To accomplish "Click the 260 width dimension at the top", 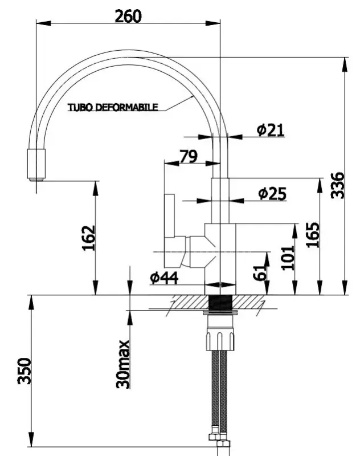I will click(x=128, y=15).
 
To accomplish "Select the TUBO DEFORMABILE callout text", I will click(x=113, y=107).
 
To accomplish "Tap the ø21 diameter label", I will click(x=270, y=130).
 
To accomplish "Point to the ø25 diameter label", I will click(x=271, y=194).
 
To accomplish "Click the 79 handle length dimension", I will click(x=189, y=156).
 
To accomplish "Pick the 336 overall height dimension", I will click(x=338, y=185).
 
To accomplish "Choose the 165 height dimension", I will click(x=313, y=234).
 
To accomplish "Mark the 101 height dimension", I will click(x=288, y=257).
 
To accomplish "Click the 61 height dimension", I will click(x=259, y=274).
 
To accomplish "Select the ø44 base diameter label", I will click(x=164, y=278).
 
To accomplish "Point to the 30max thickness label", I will click(x=122, y=364).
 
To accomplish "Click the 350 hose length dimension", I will click(x=23, y=371).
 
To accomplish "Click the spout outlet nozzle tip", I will click(x=35, y=165).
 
